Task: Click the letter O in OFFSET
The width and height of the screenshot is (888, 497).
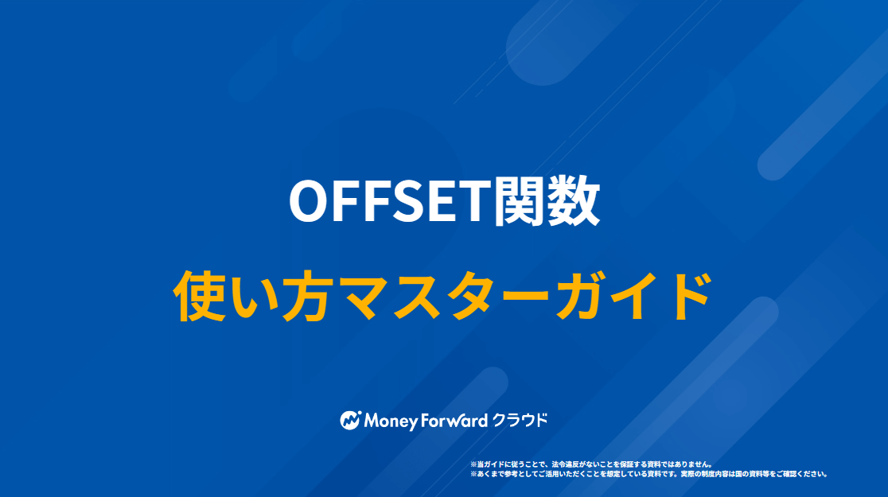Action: point(310,201)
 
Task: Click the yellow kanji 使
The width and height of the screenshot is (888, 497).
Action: point(199,296)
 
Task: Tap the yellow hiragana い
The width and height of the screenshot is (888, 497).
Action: point(252,297)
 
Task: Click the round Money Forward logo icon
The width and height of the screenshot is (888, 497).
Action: point(351,420)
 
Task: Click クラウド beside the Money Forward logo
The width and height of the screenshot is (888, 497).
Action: point(520,420)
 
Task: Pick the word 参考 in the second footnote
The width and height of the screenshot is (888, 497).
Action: point(512,474)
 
